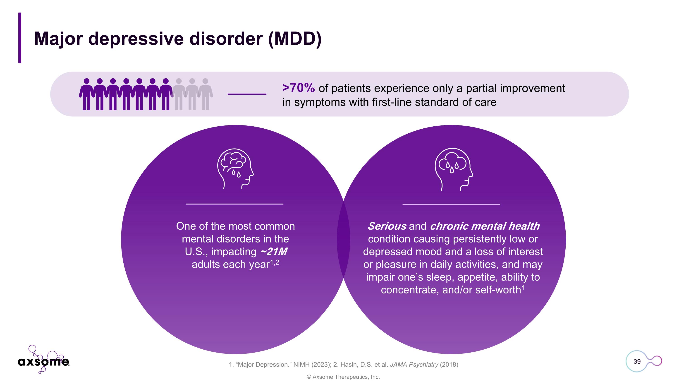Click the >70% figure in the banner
click(x=298, y=88)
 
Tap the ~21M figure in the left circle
click(x=274, y=252)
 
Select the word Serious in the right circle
click(x=387, y=226)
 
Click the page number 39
click(x=637, y=361)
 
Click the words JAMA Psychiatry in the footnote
click(x=414, y=365)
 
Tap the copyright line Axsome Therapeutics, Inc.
click(x=343, y=377)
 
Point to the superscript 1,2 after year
click(x=274, y=263)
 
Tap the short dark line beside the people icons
click(x=247, y=94)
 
